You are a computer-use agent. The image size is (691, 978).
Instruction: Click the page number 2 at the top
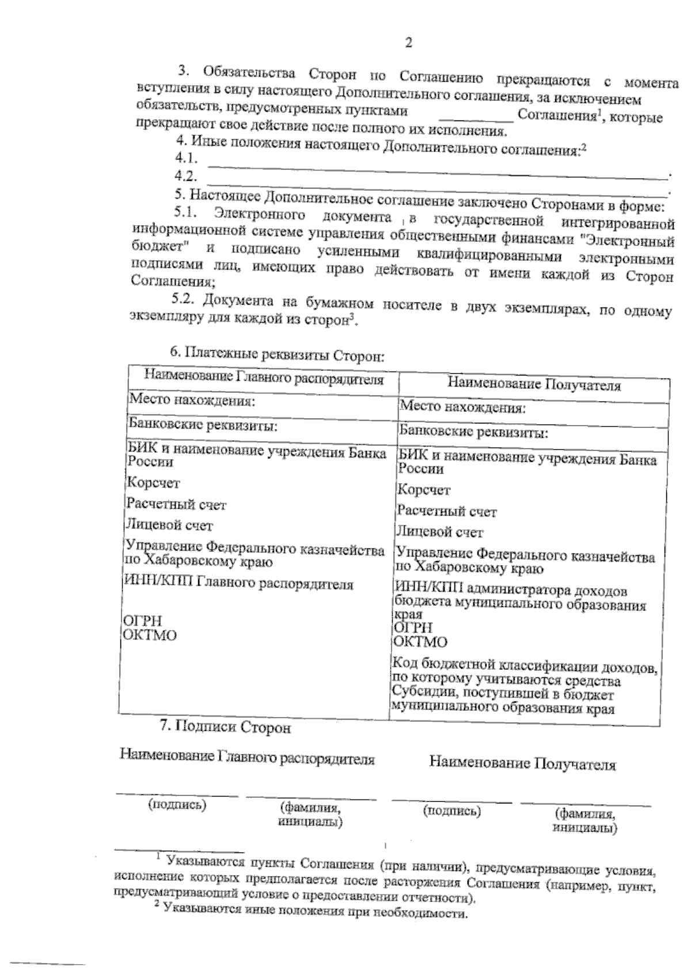[x=408, y=43]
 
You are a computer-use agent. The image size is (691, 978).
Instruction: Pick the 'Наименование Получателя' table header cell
[x=534, y=384]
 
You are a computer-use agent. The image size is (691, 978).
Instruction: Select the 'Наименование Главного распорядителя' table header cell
[x=263, y=378]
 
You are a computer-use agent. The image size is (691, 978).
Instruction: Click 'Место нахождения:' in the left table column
[x=191, y=399]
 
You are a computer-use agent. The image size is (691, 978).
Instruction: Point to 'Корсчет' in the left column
[x=153, y=483]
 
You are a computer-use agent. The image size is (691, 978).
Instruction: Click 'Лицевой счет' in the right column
[x=440, y=532]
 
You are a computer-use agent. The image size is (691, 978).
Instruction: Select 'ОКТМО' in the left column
[x=151, y=635]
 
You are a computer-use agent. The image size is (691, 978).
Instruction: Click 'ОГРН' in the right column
[x=413, y=627]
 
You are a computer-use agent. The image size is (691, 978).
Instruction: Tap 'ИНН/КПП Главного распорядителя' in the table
[x=239, y=584]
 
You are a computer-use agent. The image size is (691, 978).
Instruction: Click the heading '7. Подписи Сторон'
[x=225, y=727]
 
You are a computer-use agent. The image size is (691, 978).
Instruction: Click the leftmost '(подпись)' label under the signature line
[x=177, y=805]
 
